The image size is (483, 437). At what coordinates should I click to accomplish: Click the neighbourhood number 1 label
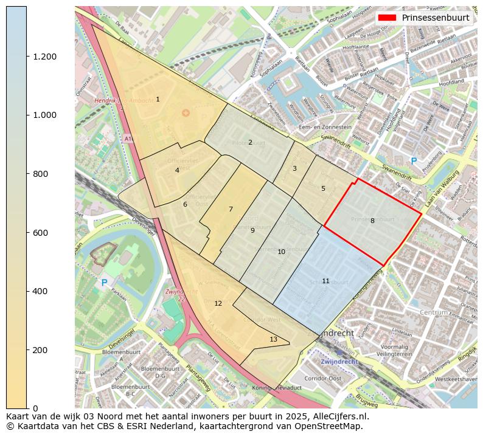(158, 99)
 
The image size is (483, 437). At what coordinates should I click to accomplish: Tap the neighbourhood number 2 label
(250, 142)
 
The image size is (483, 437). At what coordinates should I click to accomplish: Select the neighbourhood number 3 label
(294, 168)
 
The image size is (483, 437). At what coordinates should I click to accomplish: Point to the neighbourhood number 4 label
(177, 170)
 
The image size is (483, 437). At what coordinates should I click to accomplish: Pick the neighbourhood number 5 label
(323, 188)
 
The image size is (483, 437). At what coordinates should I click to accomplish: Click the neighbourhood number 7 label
(231, 209)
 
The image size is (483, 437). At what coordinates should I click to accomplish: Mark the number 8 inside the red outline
(372, 221)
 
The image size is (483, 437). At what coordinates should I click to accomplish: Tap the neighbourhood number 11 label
(325, 281)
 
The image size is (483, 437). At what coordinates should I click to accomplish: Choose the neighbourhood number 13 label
(273, 339)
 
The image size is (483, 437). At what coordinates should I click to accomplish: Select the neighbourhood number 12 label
(218, 303)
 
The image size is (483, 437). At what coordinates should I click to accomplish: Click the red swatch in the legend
(387, 18)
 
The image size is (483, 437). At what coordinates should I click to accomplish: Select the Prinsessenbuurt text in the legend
(436, 18)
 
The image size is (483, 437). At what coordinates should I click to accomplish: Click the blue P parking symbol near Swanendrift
(414, 162)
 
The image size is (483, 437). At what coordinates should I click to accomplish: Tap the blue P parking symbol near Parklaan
(104, 283)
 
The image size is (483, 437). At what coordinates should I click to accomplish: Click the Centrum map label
(434, 312)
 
